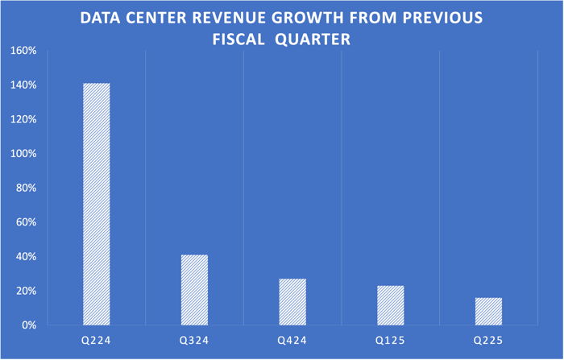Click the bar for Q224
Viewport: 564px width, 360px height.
pyautogui.click(x=97, y=204)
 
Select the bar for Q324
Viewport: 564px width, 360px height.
pyautogui.click(x=194, y=290)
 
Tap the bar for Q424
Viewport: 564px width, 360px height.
pyautogui.click(x=292, y=302)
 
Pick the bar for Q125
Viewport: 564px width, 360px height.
pyautogui.click(x=391, y=305)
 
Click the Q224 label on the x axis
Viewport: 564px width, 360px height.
pyautogui.click(x=97, y=341)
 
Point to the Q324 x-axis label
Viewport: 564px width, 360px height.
pyautogui.click(x=194, y=341)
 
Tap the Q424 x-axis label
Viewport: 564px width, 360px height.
pyautogui.click(x=292, y=341)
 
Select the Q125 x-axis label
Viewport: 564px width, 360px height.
pyautogui.click(x=391, y=341)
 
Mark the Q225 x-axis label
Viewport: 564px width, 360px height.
pyautogui.click(x=488, y=341)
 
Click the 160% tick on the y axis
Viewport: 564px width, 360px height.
pyautogui.click(x=23, y=51)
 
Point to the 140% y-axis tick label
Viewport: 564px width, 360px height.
pyautogui.click(x=23, y=85)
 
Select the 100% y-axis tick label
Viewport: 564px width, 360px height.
pyautogui.click(x=23, y=154)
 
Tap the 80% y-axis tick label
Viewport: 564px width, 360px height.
pyautogui.click(x=26, y=188)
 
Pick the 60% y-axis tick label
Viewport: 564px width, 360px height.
pyautogui.click(x=26, y=222)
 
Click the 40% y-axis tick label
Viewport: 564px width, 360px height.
pyautogui.click(x=26, y=257)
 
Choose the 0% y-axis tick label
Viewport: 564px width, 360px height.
pyautogui.click(x=28, y=325)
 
